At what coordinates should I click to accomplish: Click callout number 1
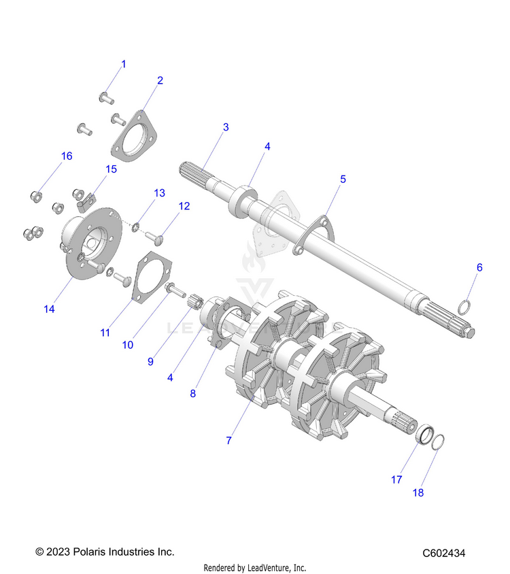(x=124, y=64)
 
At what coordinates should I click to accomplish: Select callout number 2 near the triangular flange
(x=160, y=80)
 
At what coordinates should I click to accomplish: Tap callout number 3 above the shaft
(x=226, y=127)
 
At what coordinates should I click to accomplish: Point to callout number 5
(x=343, y=179)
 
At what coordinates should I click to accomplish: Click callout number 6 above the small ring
(x=479, y=267)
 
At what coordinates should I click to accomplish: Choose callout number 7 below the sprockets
(x=229, y=441)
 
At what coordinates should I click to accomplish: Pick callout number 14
(x=49, y=309)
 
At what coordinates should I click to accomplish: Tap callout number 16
(x=67, y=156)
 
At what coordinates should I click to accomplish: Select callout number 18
(x=418, y=493)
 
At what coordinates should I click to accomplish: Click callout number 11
(x=105, y=333)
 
